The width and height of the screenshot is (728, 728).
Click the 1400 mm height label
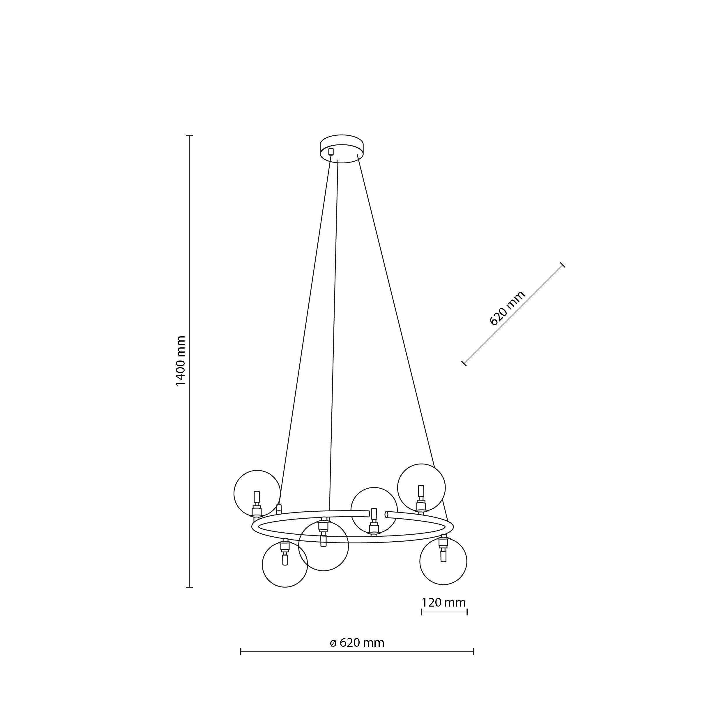181,361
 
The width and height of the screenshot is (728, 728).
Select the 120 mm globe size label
443,602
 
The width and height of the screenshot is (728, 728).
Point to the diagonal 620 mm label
507,308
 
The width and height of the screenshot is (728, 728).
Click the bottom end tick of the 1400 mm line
190,587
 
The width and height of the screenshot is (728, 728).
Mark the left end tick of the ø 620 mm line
241,651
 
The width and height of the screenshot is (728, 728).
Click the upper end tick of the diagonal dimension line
563,265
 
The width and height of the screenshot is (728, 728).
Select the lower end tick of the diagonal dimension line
464,363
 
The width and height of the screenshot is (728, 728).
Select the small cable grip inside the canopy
331,151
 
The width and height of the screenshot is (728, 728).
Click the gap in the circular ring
377,514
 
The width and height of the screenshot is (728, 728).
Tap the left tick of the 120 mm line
421,612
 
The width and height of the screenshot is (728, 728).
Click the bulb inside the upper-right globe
421,491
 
